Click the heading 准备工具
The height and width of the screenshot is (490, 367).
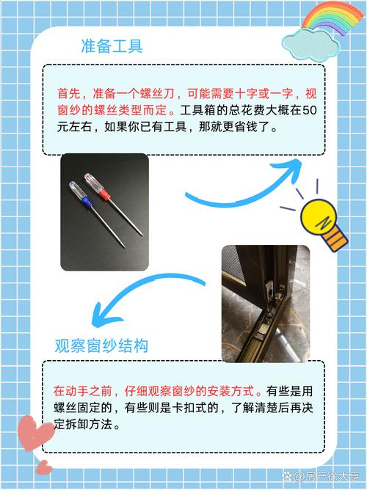pyautogui.click(x=112, y=46)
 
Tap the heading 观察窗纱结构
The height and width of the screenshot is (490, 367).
pyautogui.click(x=101, y=346)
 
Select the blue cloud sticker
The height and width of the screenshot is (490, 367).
pyautogui.click(x=310, y=44)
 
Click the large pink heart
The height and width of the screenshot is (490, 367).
pyautogui.click(x=35, y=433)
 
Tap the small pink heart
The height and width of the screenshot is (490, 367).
pyautogui.click(x=44, y=468)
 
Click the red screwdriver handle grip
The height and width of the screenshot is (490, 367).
pyautogui.click(x=105, y=195)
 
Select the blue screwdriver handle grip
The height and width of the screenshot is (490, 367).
pyautogui.click(x=87, y=202)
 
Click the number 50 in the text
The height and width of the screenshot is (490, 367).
pyautogui.click(x=310, y=110)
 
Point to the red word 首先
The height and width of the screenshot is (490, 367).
pyautogui.click(x=69, y=93)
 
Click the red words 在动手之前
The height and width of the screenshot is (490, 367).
pyautogui.click(x=82, y=391)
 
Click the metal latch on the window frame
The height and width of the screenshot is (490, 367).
pyautogui.click(x=269, y=289)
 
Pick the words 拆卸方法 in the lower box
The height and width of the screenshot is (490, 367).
pyautogui.click(x=89, y=425)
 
